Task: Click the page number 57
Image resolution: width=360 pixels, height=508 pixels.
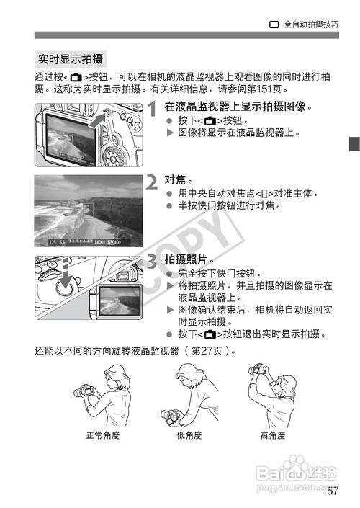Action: point(332,492)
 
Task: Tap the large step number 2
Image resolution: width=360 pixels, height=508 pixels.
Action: point(153,182)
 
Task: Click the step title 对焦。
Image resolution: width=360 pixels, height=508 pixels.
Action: point(180,179)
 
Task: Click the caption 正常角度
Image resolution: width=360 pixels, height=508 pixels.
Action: point(103,436)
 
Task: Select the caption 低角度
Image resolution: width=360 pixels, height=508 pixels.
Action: point(189,436)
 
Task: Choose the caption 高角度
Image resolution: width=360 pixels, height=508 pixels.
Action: point(273,436)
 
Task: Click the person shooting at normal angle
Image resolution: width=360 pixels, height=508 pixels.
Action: point(102,396)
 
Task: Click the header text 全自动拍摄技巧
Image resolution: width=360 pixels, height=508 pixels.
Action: point(310,23)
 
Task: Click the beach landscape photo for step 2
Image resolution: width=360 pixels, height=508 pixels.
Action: point(89,210)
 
